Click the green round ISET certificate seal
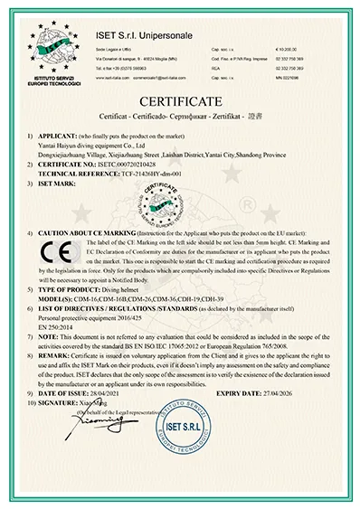coord(181,198)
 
